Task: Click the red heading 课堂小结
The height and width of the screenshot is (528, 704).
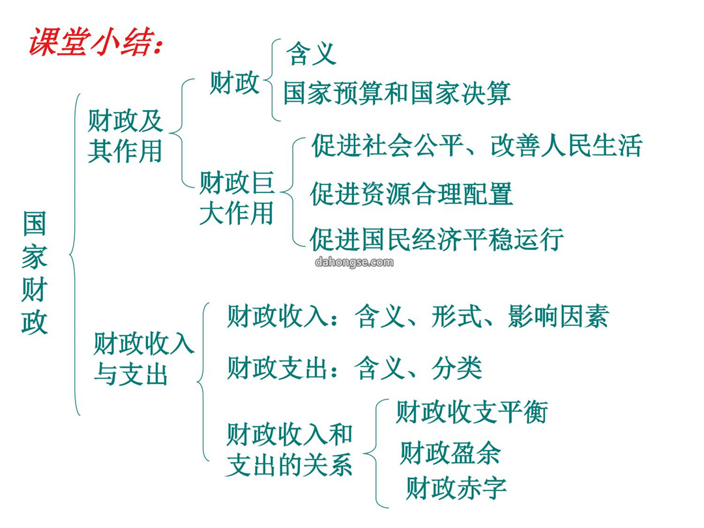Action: click(95, 42)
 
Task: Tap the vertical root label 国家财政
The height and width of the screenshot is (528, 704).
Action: click(35, 272)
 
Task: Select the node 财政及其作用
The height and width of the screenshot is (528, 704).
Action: click(125, 136)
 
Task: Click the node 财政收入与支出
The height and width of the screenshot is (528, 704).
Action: click(143, 359)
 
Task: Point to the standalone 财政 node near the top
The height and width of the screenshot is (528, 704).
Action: click(235, 83)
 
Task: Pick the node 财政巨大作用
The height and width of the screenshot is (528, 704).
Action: click(237, 198)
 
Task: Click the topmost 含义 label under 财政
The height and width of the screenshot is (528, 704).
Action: click(311, 53)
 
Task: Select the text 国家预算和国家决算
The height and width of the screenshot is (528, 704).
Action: click(397, 93)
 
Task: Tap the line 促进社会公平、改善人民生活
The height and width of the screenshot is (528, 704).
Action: click(477, 145)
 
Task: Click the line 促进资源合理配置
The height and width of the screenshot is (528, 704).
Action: click(411, 194)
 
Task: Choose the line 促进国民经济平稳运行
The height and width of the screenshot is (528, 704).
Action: click(437, 239)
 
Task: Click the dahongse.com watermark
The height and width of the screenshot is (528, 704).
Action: click(354, 262)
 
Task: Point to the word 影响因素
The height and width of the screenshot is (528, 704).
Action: click(558, 316)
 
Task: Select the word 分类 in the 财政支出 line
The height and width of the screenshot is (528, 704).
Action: click(456, 368)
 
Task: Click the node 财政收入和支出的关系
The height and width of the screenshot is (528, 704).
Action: click(289, 449)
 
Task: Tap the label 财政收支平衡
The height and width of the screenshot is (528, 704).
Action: click(471, 412)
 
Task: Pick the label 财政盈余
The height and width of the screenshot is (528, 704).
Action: click(450, 452)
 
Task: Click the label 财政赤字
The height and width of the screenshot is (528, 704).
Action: click(456, 488)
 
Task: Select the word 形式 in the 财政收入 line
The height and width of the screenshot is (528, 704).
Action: click(456, 316)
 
